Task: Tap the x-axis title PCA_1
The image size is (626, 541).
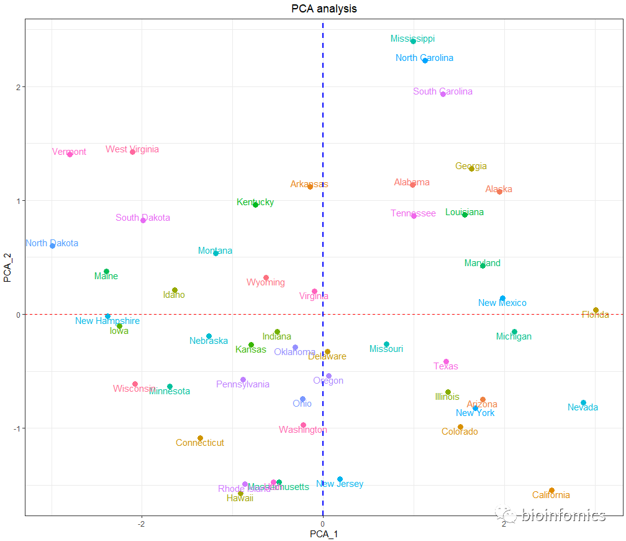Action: [x=324, y=534]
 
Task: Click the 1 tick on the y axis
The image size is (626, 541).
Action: [x=17, y=201]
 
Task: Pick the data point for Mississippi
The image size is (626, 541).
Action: [x=413, y=42]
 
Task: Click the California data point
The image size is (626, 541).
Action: [x=551, y=491]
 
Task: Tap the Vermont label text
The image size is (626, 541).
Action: [x=69, y=152]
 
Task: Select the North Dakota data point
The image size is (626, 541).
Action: [x=53, y=246]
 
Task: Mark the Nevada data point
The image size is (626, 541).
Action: [x=583, y=403]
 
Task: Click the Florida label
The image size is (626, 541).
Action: [x=595, y=315]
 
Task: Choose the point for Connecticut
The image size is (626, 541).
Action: [x=200, y=438]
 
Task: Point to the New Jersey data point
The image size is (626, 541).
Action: [x=340, y=479]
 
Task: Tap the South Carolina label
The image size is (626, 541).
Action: [x=443, y=91]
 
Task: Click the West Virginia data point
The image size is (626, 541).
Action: [x=132, y=152]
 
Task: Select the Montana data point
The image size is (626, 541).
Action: [x=215, y=253]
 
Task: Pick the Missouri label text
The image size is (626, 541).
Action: [x=386, y=349]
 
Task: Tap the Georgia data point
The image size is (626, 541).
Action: [x=471, y=169]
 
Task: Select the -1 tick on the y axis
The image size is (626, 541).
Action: [x=16, y=428]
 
